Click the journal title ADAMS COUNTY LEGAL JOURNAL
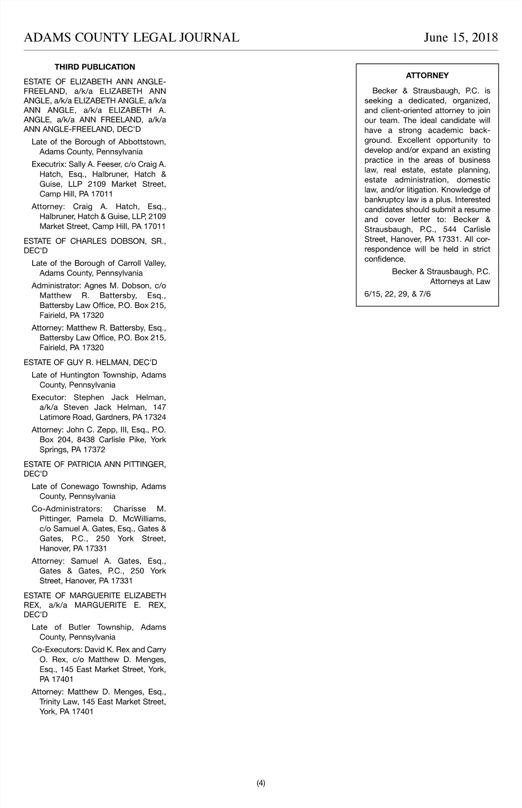tap(131, 37)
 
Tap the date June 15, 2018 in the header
tap(461, 37)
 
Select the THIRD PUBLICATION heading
tap(95, 67)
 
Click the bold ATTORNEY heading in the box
tap(427, 76)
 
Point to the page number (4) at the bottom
tap(261, 783)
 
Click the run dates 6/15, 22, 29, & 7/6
tap(398, 294)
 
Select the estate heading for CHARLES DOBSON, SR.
tap(95, 241)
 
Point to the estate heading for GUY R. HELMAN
tap(90, 362)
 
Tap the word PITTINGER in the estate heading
tap(141, 464)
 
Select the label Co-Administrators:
tap(67, 509)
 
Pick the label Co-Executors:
tap(57, 649)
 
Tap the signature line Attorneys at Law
tap(460, 281)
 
